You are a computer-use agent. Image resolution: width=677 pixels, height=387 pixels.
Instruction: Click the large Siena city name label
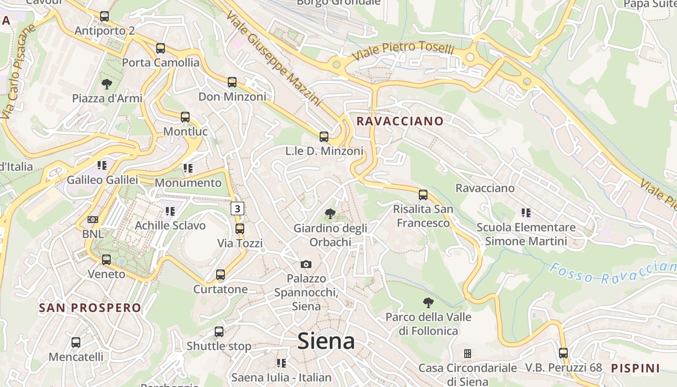(x=326, y=341)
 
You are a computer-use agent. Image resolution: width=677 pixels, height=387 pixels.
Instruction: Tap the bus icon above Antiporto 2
(x=104, y=16)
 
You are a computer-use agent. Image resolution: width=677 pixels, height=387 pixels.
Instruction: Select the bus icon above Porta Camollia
(x=161, y=48)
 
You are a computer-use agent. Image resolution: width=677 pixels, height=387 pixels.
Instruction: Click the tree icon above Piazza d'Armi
(x=107, y=84)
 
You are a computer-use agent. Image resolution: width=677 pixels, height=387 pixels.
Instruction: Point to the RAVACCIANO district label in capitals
(x=400, y=121)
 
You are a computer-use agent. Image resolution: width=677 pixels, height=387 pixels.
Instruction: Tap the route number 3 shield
(x=237, y=208)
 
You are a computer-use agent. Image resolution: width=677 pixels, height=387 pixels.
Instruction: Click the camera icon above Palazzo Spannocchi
(x=306, y=264)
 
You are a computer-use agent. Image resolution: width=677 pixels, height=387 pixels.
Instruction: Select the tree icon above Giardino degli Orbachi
(x=330, y=213)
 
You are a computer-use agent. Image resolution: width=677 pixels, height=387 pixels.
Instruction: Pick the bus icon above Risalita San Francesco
(x=423, y=195)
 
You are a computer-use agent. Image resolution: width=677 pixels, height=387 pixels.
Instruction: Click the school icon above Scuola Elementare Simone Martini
(x=526, y=212)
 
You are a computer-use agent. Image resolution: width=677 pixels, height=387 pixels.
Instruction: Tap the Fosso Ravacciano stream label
(x=613, y=273)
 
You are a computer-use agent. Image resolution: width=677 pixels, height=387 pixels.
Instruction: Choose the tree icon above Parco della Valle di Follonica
(x=428, y=303)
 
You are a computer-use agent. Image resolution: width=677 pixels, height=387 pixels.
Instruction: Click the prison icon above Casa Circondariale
(x=467, y=354)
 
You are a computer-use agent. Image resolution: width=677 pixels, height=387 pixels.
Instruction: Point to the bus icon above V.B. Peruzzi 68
(x=563, y=353)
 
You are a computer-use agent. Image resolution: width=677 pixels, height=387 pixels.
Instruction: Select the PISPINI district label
(x=635, y=368)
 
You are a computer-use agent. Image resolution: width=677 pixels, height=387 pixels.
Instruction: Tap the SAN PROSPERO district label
(x=90, y=308)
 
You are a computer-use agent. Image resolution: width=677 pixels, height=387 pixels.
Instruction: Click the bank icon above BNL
(x=92, y=220)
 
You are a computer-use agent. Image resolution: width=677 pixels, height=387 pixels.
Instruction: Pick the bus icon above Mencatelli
(x=76, y=342)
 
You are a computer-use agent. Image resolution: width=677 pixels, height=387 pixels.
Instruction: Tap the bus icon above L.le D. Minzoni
(x=324, y=137)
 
